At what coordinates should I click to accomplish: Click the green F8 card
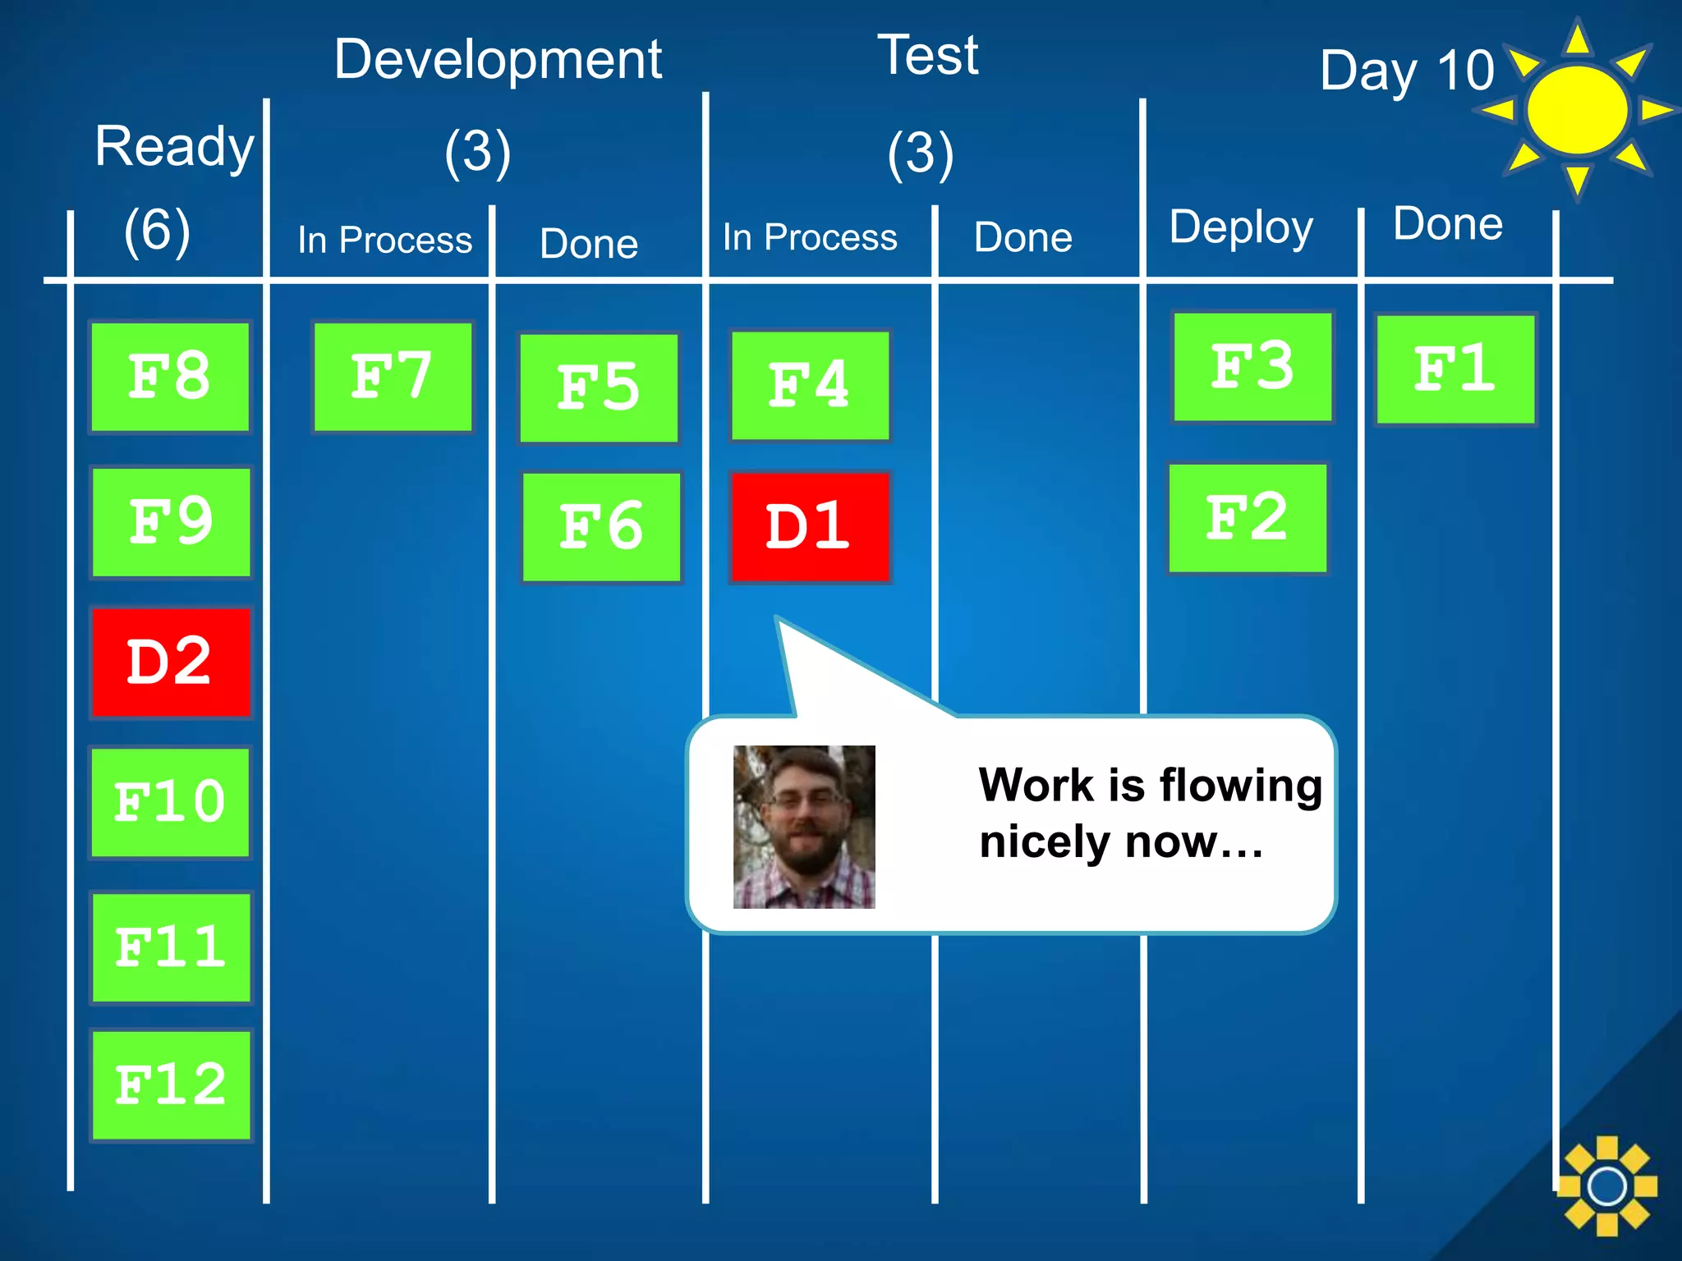(x=170, y=377)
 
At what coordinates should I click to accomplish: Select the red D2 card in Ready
(x=171, y=662)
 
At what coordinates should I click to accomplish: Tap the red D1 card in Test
(x=810, y=526)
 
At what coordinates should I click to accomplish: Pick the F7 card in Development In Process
(x=393, y=377)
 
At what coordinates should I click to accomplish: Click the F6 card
(x=601, y=527)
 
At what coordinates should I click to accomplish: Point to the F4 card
(x=810, y=385)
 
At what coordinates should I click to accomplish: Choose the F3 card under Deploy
(x=1252, y=366)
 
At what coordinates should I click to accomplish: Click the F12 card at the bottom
(x=171, y=1084)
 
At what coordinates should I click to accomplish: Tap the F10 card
(x=170, y=802)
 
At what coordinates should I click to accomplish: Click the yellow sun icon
(x=1577, y=109)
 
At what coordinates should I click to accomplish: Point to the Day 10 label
(x=1406, y=71)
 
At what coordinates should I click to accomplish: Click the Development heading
(x=498, y=59)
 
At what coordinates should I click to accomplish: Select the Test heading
(x=928, y=55)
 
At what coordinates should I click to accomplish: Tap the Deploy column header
(x=1240, y=227)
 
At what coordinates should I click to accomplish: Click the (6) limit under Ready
(x=157, y=230)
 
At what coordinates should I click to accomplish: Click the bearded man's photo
(x=804, y=826)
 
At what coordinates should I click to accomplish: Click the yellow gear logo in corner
(x=1606, y=1185)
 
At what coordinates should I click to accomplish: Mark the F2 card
(x=1247, y=518)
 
